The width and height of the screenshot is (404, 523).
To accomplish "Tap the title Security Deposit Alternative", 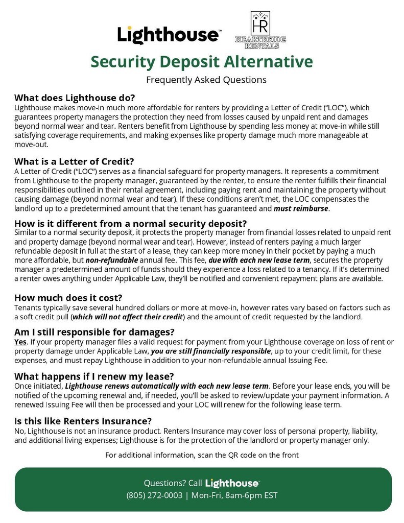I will pos(201,62).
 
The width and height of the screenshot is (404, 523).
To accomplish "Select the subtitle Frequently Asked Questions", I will pos(206,80).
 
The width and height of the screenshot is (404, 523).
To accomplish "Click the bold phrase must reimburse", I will pos(301,209).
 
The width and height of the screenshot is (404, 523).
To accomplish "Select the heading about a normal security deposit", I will pos(131,224).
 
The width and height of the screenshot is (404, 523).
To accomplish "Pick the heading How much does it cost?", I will pos(68,298).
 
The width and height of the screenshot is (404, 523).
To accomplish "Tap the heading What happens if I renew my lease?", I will pos(94,376).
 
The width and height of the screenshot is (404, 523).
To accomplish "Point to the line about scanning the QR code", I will pos(202,455).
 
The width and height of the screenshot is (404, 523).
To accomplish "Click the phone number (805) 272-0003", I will pos(154,495).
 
